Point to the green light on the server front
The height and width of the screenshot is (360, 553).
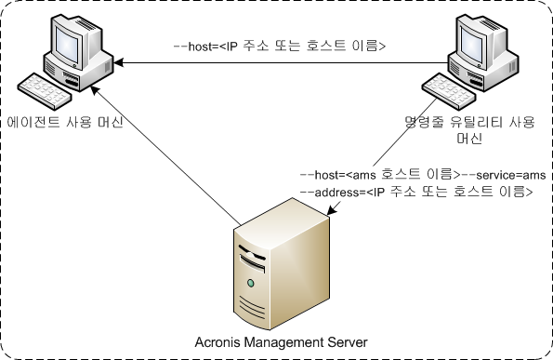250,282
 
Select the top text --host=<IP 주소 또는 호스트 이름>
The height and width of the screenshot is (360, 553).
279,45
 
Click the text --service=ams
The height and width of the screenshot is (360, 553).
502,174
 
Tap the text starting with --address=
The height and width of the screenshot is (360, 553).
415,193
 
